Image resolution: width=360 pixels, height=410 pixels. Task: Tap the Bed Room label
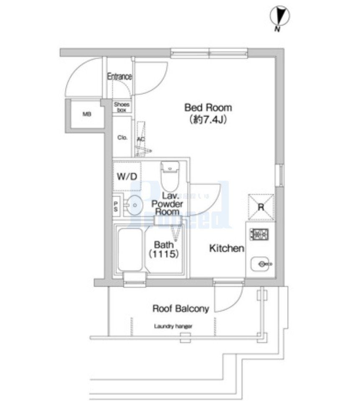208,108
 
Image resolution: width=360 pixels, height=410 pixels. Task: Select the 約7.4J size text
208,120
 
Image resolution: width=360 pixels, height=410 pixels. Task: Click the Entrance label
119,77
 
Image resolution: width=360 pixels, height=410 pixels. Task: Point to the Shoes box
122,107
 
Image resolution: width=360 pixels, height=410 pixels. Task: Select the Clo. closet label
122,138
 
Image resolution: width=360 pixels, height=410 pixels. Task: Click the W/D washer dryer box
126,176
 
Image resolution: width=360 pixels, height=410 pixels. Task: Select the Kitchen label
226,249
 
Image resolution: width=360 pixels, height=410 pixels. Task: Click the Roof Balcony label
180,309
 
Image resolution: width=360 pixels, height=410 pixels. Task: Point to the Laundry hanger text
173,327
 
